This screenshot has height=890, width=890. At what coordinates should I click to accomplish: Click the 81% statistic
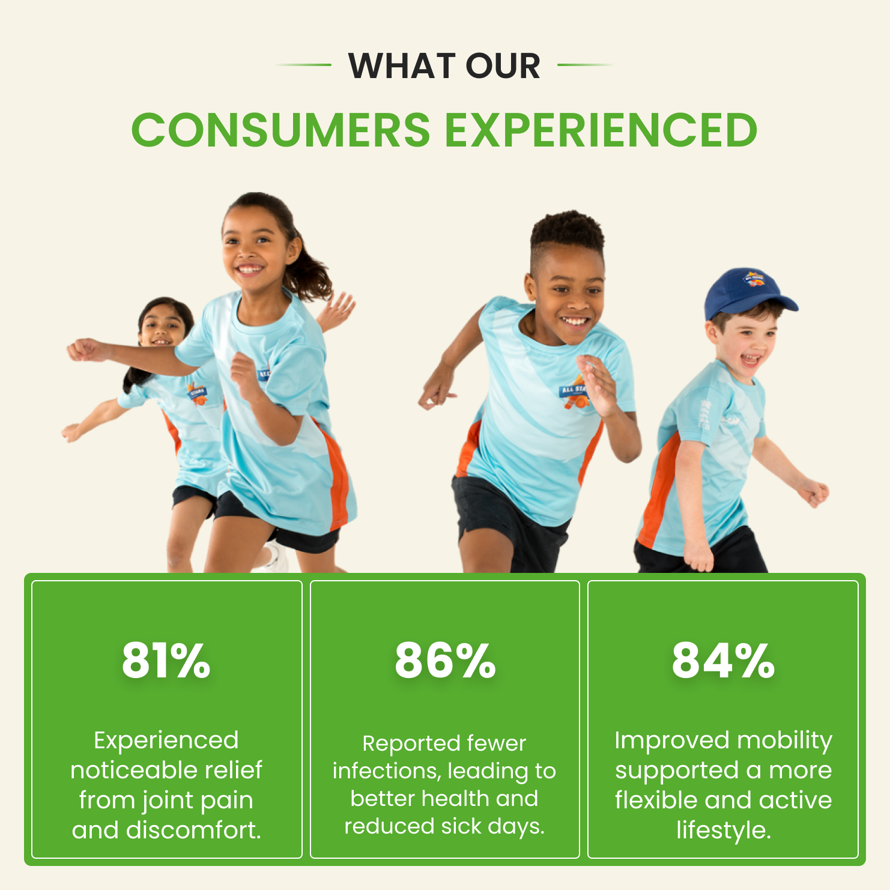[x=166, y=661]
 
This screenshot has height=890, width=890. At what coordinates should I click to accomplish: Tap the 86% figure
[x=445, y=661]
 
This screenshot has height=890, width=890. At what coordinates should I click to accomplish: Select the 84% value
[x=723, y=661]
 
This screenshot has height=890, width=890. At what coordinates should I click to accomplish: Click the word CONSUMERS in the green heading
[x=281, y=130]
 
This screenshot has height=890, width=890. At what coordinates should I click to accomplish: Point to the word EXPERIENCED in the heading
[x=601, y=130]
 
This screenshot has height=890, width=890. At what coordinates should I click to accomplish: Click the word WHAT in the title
[x=402, y=65]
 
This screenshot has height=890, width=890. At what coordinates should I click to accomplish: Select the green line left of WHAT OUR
[x=303, y=65]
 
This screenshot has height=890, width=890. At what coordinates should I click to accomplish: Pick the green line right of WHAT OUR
[x=585, y=65]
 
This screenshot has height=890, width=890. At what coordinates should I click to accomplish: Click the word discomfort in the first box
[x=192, y=830]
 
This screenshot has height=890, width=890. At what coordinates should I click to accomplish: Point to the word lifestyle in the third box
[x=724, y=831]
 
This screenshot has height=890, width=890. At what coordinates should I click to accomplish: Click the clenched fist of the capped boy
[x=815, y=493]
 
